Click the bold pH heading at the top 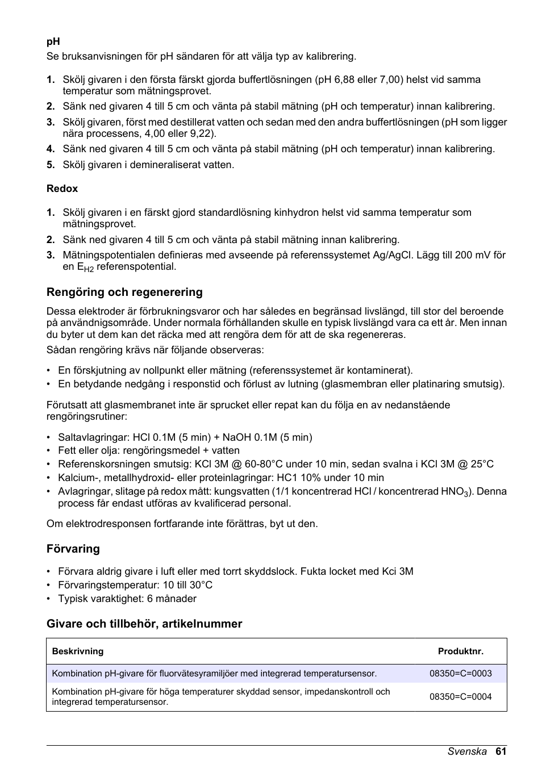coord(53,41)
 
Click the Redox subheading coord(62,189)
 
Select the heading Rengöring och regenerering coord(124,292)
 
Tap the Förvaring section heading coord(73,549)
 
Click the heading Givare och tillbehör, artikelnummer coord(144,624)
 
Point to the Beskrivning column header coord(78,651)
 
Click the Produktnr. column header coord(460,651)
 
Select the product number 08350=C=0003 coord(460,674)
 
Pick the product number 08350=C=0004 coord(460,697)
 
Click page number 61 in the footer coord(501,751)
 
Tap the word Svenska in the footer coord(467,751)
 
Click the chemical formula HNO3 coord(454,492)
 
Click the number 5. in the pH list coord(51,165)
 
